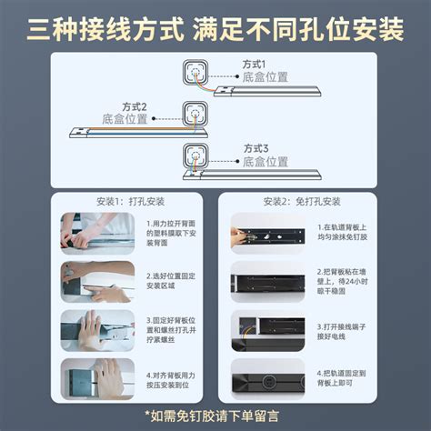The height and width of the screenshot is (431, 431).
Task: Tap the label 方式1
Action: click(255, 65)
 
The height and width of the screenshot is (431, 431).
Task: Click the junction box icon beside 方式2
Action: click(196, 114)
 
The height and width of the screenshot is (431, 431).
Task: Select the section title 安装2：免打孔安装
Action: click(301, 201)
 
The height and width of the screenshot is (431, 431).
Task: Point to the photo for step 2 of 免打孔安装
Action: click(267, 280)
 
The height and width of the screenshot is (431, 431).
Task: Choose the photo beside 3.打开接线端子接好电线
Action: click(267, 329)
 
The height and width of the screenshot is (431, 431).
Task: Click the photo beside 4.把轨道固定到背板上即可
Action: click(267, 378)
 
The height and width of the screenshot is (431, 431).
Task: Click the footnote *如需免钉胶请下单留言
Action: click(215, 416)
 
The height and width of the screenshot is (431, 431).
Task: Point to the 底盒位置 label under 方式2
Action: click(122, 119)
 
